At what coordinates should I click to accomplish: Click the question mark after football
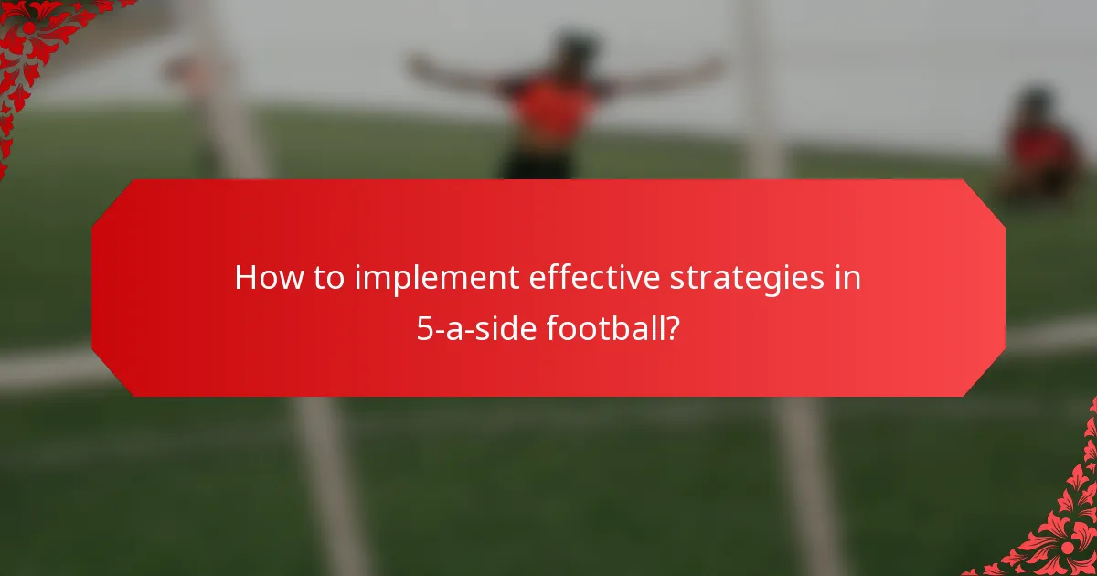(x=674, y=327)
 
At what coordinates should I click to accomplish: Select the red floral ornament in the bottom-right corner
(x=1060, y=530)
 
